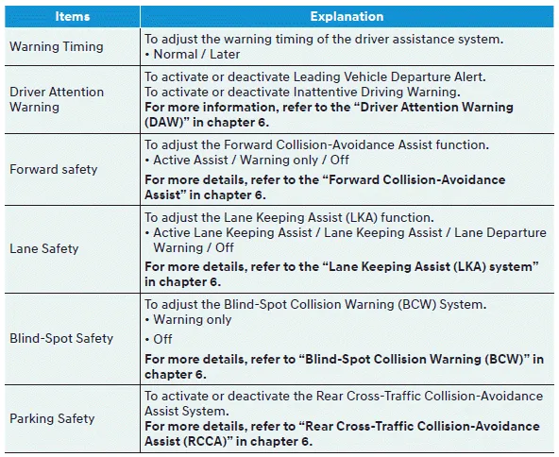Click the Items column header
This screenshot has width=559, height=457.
pos(72,16)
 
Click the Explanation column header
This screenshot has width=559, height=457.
pos(347,16)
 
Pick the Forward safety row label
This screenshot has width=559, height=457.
pos(53,170)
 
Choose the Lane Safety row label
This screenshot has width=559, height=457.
pos(43,249)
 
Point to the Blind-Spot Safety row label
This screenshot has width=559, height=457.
pos(60,338)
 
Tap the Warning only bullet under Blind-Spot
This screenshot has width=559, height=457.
pos(194,319)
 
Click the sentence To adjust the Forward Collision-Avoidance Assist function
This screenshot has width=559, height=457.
pos(316,144)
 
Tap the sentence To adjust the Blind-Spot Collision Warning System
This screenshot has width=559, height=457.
pos(314,304)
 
